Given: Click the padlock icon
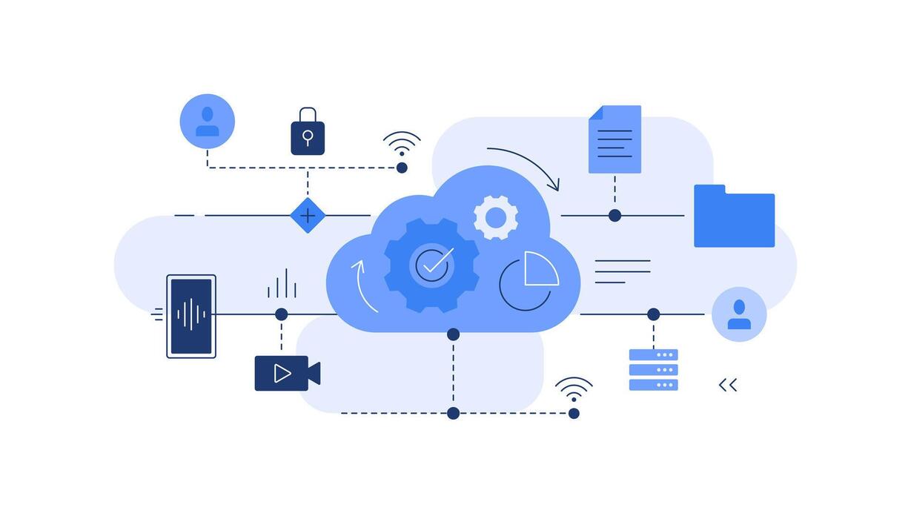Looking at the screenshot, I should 308,133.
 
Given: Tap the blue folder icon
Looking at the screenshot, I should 734,217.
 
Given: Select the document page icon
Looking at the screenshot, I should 614,139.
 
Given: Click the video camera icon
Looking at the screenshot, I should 285,374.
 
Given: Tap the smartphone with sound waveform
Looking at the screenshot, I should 191,316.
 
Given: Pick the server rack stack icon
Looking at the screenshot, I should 653,369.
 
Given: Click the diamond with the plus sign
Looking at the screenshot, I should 308,216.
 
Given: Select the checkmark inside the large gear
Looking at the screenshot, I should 433,264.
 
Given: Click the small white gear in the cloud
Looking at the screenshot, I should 495,217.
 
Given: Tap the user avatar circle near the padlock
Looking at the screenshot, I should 207,122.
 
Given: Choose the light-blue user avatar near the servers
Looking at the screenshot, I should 739,314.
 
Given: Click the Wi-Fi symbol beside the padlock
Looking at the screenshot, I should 402,142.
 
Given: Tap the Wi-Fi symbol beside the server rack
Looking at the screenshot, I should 574,389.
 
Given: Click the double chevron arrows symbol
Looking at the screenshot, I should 728,385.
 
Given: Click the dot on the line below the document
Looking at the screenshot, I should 614,216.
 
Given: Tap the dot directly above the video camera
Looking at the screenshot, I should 281,314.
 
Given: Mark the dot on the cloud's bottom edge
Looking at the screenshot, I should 453,334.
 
